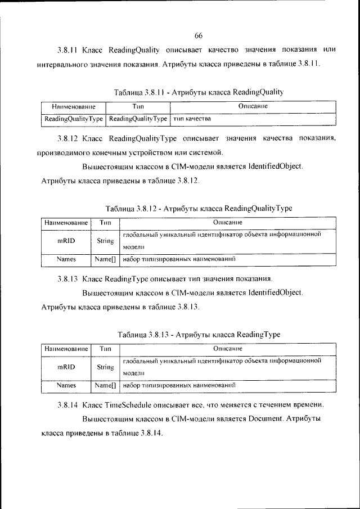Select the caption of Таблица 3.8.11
coord(198,92)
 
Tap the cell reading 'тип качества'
coord(192,119)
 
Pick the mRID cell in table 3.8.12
coord(66,240)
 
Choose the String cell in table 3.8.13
coord(105,367)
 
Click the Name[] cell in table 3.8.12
coord(105,259)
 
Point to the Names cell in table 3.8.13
coord(66,386)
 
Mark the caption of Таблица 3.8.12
coord(198,208)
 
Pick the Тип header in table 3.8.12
coord(105,222)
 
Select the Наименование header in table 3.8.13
coord(66,349)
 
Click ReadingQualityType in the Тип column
coord(138,119)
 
